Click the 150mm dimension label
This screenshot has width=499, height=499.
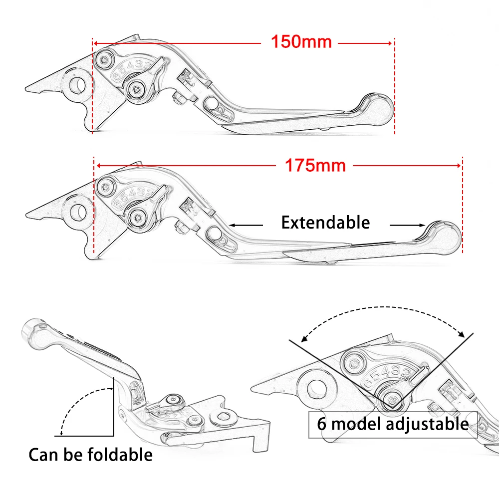(x=301, y=42)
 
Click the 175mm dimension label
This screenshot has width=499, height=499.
(x=315, y=165)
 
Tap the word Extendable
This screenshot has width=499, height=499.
(x=325, y=223)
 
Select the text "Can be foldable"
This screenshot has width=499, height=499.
(x=90, y=455)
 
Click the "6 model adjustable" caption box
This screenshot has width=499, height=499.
(x=393, y=425)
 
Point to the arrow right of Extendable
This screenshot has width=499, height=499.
(x=407, y=225)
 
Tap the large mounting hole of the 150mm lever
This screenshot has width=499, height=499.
(x=77, y=85)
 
